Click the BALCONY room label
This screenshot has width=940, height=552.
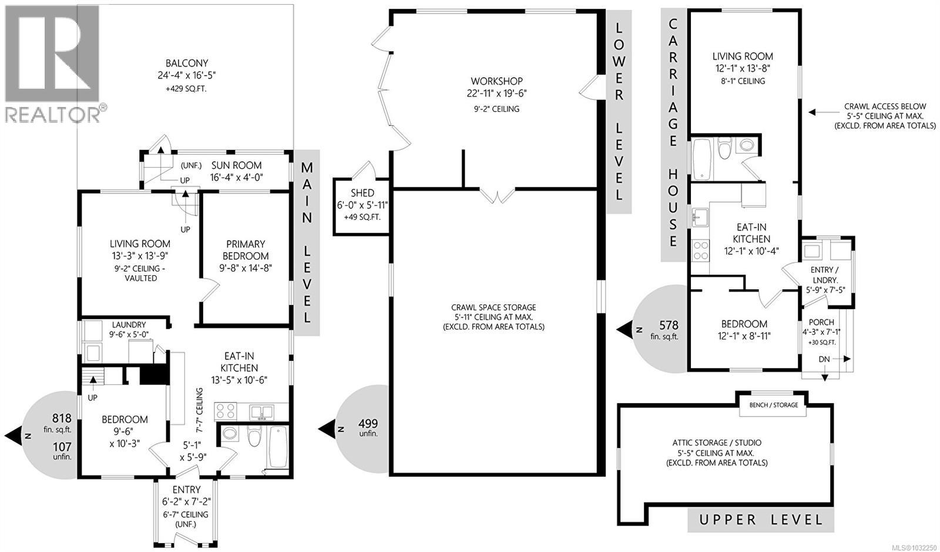(186, 63)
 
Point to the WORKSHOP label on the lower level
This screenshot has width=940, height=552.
(496, 81)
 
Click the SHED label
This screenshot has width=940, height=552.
(362, 193)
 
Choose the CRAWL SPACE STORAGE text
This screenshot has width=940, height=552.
(493, 307)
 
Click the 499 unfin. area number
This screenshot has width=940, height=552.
(368, 423)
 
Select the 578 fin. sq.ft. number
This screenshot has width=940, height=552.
(669, 325)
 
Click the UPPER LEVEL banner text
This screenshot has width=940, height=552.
(760, 520)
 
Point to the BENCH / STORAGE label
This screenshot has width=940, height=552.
(773, 405)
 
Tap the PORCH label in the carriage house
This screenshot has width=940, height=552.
(821, 323)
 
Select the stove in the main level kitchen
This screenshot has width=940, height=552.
(226, 410)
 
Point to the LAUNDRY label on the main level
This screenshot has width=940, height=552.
(129, 324)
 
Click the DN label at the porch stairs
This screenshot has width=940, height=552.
(824, 359)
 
